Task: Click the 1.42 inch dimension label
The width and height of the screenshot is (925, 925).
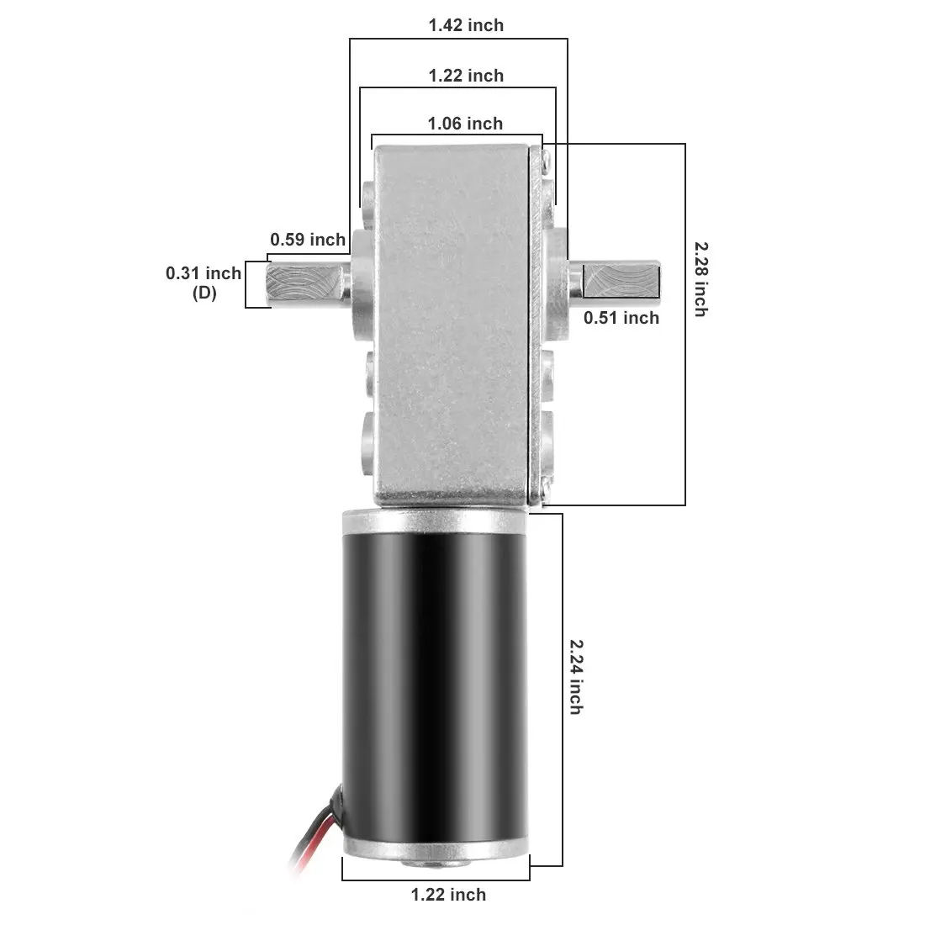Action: [x=466, y=25]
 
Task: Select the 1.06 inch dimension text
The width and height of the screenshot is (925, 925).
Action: [x=465, y=124]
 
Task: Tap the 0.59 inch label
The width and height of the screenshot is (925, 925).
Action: [x=308, y=240]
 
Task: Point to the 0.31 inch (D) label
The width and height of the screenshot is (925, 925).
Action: [x=203, y=283]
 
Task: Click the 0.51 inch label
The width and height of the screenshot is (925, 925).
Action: [x=621, y=317]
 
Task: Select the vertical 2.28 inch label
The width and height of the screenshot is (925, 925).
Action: [x=700, y=278]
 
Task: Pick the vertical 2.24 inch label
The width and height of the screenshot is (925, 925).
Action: [x=575, y=676]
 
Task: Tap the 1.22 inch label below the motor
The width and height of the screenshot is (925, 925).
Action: [x=448, y=895]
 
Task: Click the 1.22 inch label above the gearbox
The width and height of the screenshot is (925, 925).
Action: [x=466, y=76]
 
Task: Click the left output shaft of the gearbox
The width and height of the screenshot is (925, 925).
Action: [x=307, y=283]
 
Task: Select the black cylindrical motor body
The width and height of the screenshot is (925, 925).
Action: [x=436, y=681]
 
